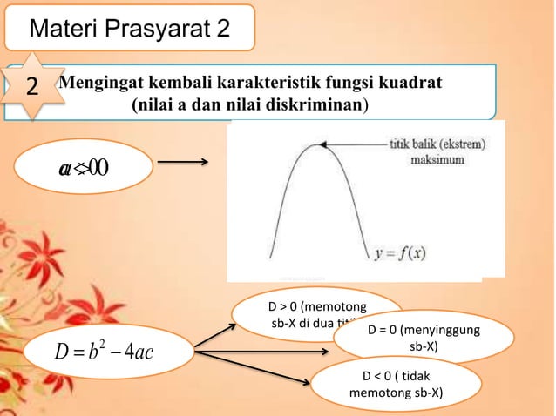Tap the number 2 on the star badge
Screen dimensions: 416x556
(x=32, y=88)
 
